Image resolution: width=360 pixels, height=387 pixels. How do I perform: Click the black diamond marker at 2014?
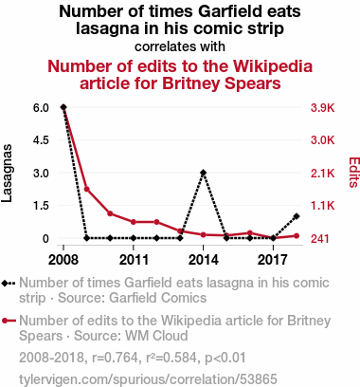(204, 173)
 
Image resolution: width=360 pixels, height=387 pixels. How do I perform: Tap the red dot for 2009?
(87, 189)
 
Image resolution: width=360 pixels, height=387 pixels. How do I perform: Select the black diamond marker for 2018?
(297, 216)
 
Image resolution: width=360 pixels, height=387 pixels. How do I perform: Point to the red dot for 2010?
(110, 213)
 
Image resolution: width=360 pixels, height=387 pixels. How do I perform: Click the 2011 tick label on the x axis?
(134, 260)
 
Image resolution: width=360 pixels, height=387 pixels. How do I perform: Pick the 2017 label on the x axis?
(273, 260)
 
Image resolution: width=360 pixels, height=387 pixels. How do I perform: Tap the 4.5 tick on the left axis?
(41, 140)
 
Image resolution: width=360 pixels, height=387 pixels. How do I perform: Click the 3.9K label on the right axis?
(322, 108)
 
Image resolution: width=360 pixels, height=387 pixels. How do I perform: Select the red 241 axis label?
(320, 238)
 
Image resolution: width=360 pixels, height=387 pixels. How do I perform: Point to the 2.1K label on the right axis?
(322, 173)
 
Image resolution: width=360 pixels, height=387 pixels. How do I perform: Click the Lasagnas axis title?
(7, 173)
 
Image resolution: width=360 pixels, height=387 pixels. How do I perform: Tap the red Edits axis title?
(353, 173)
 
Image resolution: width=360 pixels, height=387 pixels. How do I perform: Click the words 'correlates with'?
(180, 46)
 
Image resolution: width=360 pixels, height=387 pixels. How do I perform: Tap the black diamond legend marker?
(5, 284)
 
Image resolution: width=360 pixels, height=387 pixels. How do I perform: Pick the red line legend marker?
(9, 321)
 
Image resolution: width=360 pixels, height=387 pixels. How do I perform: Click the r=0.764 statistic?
(115, 358)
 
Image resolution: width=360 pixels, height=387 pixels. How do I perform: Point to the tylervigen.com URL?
(148, 379)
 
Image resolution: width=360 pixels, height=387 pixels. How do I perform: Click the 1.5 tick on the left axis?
(41, 206)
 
